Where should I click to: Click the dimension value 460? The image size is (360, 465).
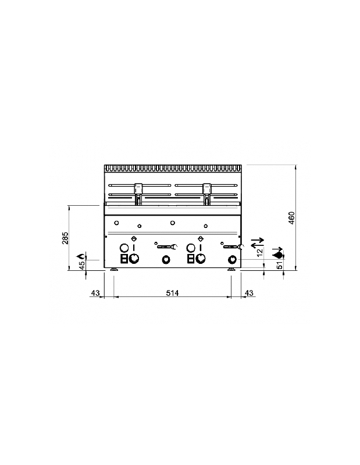click(293, 218)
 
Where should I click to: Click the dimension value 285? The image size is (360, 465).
click(66, 238)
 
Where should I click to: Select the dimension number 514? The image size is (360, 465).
click(172, 293)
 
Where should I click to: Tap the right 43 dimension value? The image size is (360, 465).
click(248, 293)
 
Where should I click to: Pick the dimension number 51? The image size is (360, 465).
click(280, 266)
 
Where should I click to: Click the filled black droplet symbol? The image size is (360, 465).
click(278, 254)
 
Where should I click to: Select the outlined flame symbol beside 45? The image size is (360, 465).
click(82, 255)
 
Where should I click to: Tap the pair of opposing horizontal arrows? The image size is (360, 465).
click(257, 242)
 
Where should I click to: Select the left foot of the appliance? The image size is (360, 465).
click(114, 270)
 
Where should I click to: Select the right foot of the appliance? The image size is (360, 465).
click(231, 270)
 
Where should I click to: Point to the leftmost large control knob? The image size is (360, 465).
click(134, 259)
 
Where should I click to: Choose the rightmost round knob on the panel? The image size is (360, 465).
click(233, 259)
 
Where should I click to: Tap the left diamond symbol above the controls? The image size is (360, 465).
click(134, 238)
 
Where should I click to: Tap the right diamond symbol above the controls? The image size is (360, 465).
click(201, 238)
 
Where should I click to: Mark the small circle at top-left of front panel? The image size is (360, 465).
click(116, 223)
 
